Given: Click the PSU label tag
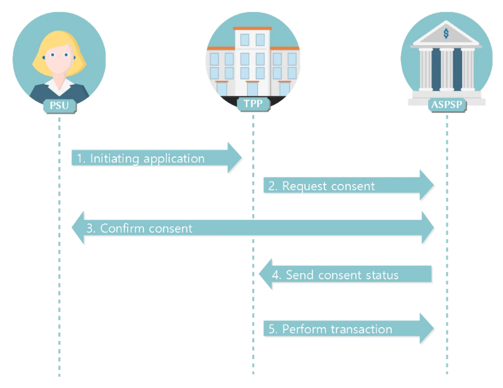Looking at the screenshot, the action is click(59, 106).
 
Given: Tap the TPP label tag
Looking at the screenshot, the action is click(253, 104).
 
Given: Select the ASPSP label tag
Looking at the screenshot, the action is click(447, 105).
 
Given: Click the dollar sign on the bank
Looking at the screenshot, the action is click(446, 34).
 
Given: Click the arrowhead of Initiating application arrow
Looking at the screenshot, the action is click(235, 158).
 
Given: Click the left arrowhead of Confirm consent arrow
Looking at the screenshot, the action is click(78, 228).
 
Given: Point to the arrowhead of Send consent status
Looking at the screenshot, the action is click(265, 274).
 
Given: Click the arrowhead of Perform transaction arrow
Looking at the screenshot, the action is click(427, 328).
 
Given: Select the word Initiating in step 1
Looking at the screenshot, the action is click(114, 159).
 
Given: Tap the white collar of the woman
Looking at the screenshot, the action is click(59, 87).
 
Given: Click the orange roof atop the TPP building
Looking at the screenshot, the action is click(252, 29).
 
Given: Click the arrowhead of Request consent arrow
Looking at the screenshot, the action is click(427, 185).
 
